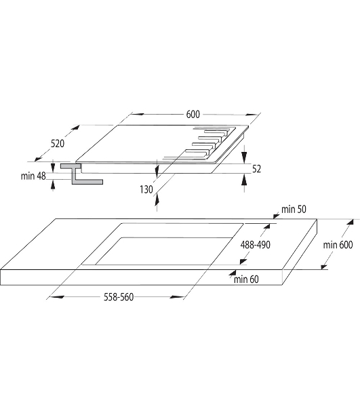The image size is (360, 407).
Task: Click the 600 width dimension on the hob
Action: coord(193,114)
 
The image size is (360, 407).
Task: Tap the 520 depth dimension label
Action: coord(58,144)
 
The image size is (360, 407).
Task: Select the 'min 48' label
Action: coord(33,176)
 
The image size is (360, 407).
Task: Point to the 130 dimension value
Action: coord(146,189)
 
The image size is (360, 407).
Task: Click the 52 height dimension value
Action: coord(256,169)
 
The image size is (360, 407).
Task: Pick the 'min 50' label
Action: coord(294,209)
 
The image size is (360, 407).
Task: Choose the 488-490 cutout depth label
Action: coord(255,245)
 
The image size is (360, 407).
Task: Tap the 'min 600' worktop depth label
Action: coord(338,245)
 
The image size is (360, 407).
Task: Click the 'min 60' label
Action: coord(246,279)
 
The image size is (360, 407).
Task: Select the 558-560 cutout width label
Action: coord(119,297)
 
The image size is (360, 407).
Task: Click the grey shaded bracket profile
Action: coord(78,174)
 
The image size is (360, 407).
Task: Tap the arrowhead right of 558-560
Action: coord(177,296)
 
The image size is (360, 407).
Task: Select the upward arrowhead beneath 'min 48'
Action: coord(53,184)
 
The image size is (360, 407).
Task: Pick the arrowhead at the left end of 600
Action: coord(137,114)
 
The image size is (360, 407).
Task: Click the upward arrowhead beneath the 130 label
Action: coord(157,199)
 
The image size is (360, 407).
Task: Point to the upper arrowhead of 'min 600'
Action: coord(350,222)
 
